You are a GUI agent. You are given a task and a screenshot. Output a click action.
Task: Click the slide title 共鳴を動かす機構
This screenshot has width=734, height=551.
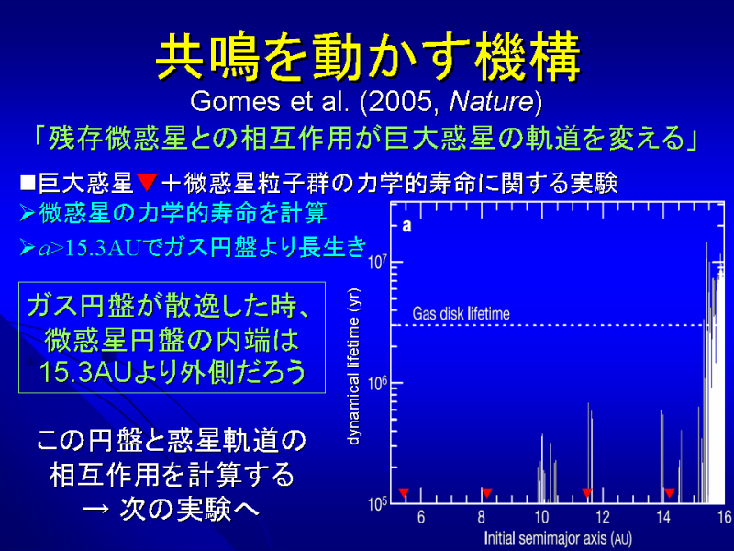point(368,57)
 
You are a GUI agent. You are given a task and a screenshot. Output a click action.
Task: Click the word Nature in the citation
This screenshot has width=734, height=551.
point(491,101)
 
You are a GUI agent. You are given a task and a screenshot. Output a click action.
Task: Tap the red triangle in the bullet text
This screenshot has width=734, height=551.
point(147,182)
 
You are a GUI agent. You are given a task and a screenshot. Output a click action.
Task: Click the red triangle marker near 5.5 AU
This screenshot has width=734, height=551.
point(404,492)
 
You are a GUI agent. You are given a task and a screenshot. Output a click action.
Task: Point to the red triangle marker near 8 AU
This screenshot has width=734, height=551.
point(486,492)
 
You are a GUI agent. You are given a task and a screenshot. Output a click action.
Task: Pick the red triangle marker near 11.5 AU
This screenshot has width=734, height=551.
point(586,492)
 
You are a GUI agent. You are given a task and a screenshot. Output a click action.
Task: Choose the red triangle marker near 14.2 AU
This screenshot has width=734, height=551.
point(670,492)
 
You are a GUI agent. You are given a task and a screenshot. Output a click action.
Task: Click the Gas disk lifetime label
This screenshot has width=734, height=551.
point(462,313)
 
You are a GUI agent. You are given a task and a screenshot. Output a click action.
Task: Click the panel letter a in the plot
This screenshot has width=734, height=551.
point(406,226)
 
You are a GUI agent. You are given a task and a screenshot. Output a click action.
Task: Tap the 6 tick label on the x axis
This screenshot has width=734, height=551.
point(421,517)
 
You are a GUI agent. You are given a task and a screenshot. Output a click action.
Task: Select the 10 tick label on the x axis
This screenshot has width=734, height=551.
point(541,517)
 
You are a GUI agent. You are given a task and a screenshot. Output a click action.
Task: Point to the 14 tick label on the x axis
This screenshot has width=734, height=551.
point(663,517)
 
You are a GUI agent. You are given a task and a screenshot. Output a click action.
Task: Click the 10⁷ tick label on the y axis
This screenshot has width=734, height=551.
point(378,262)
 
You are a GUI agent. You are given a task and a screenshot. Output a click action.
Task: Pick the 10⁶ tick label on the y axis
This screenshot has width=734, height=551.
point(378,383)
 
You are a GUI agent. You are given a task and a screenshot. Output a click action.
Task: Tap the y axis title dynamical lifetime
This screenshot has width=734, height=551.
point(354,366)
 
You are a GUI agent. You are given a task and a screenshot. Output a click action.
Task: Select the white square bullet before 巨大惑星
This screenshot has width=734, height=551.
point(28,182)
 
